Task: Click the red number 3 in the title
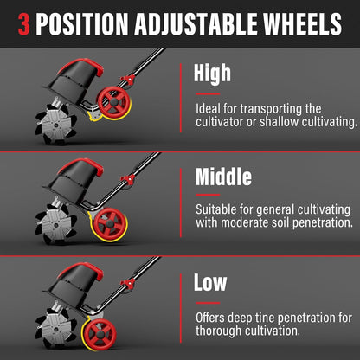24,24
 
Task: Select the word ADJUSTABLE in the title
196,24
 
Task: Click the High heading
212,74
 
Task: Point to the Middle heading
223,177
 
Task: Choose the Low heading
210,282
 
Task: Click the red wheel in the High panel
113,102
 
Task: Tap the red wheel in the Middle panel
110,223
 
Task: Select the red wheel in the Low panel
100,334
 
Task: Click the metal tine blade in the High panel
55,124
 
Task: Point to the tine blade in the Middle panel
55,224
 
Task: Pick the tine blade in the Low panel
55,328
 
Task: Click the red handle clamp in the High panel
127,79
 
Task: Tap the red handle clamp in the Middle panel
128,179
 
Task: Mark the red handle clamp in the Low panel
128,283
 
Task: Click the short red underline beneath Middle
208,195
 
